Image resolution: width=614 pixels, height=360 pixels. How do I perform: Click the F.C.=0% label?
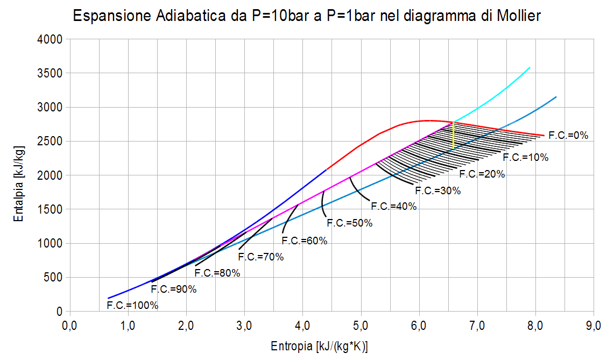coord(568,136)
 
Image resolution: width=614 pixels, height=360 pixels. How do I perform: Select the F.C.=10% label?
coord(525,158)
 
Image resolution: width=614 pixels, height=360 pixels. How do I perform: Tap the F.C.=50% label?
coord(349,223)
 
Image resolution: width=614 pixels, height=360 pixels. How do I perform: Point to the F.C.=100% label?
coord(132,306)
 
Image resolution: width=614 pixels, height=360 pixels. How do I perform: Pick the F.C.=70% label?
coord(260,257)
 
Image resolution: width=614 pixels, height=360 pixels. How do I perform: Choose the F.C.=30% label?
coord(437,190)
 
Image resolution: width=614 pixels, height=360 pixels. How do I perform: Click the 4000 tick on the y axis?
coord(52,39)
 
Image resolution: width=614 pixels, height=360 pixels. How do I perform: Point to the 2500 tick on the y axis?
coord(52,142)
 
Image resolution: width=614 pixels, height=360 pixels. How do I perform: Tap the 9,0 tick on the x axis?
coord(594,326)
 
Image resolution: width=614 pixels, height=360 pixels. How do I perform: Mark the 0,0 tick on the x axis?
coord(69,326)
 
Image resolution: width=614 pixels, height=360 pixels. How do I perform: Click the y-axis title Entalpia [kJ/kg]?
coord(19,175)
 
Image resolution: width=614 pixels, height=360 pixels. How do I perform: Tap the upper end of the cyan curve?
coord(530,68)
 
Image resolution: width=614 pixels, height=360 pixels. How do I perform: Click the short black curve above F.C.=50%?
coord(322,203)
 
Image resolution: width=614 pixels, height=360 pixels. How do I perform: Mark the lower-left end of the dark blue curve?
coord(108,298)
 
